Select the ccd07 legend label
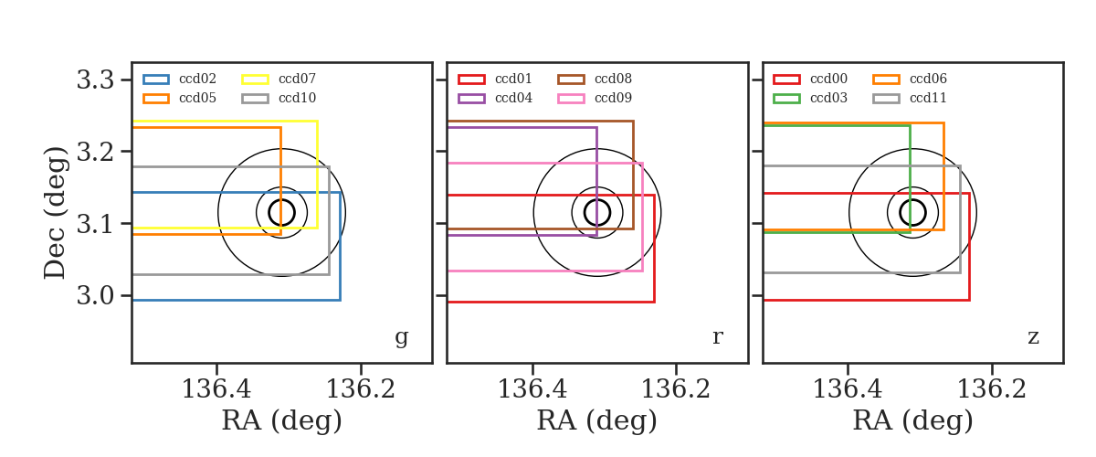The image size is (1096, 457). point(297,79)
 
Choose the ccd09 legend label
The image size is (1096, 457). point(613,98)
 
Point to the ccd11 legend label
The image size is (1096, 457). point(928,98)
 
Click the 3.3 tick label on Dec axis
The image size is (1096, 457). point(95,80)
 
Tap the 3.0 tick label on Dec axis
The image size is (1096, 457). point(95,296)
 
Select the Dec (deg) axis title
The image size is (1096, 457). point(54,213)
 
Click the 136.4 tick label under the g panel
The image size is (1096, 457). point(216,389)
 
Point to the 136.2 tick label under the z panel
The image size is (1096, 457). point(991,389)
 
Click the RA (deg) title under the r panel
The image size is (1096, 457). point(597,420)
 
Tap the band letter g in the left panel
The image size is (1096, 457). point(401,337)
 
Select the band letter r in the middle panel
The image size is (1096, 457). point(717,337)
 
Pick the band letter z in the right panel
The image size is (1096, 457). point(1033,337)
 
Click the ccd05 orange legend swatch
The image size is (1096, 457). point(156,99)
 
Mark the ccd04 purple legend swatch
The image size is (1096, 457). point(471,99)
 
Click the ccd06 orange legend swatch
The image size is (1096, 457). point(886,80)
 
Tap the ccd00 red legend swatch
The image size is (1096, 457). point(786,80)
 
